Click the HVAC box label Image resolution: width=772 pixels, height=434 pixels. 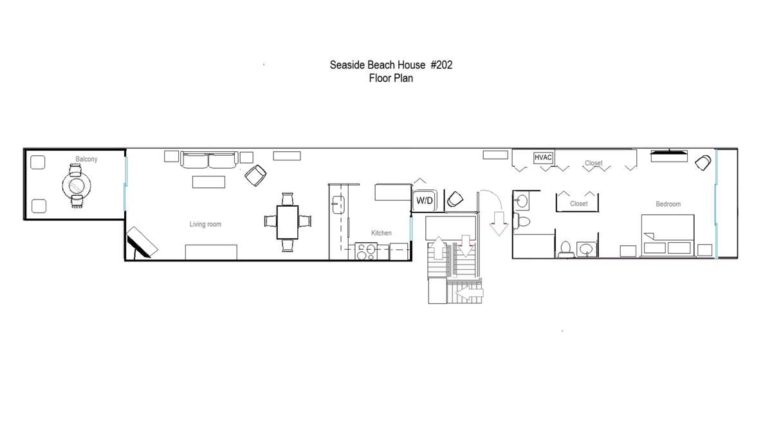(x=543, y=158)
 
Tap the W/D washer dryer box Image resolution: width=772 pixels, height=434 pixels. (x=425, y=200)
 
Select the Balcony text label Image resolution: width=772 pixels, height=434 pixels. (x=86, y=159)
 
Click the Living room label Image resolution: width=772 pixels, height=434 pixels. (x=205, y=224)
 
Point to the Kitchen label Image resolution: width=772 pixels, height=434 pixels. (x=381, y=233)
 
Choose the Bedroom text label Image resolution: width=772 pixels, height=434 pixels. (x=668, y=204)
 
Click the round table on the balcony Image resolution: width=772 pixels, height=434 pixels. (x=77, y=186)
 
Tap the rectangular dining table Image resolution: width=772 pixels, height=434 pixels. (x=288, y=222)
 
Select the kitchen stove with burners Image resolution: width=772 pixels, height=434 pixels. (x=366, y=251)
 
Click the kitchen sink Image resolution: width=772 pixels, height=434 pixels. (x=338, y=205)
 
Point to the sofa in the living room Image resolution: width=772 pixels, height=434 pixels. (x=209, y=160)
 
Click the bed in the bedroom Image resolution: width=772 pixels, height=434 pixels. (x=667, y=236)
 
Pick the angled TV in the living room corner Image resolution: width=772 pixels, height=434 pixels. (x=142, y=242)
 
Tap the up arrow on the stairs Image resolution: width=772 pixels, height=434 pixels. (x=438, y=248)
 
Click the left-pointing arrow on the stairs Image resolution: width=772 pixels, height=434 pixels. (x=470, y=293)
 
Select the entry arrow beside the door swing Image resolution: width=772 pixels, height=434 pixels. (x=499, y=224)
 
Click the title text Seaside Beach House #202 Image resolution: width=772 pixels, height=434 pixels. (x=391, y=65)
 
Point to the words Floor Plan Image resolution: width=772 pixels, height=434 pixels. (x=391, y=79)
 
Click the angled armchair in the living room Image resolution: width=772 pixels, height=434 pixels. (x=255, y=175)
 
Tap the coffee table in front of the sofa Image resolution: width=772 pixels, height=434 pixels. (x=208, y=182)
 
